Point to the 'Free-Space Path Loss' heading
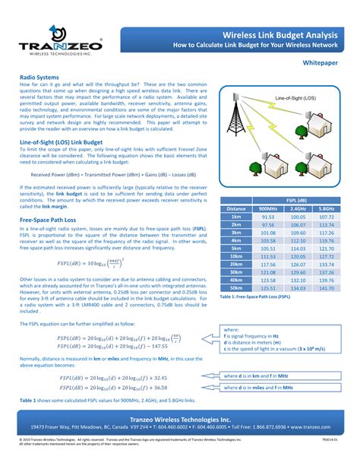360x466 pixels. [x=50, y=219]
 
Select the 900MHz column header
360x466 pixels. [x=268, y=208]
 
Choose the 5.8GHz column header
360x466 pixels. [x=327, y=208]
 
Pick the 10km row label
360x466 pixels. [x=236, y=257]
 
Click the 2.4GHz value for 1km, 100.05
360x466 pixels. [x=298, y=217]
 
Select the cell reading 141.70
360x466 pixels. [x=327, y=288]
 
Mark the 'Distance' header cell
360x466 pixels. [x=236, y=208]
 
